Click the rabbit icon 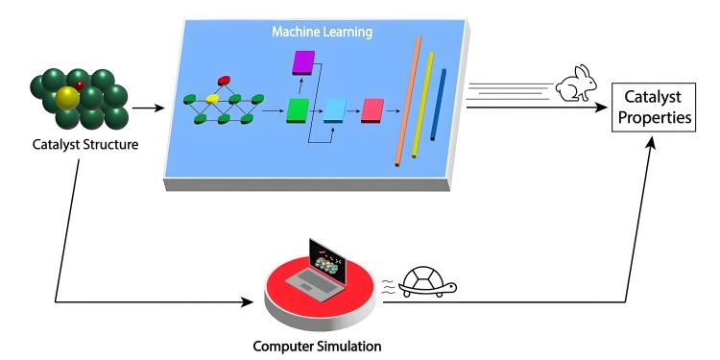coord(576,84)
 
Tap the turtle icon coord(427,281)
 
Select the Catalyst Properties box coord(656,108)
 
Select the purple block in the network coord(303,63)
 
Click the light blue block coord(334,110)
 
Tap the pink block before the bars coord(372,111)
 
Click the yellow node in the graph coord(212,98)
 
